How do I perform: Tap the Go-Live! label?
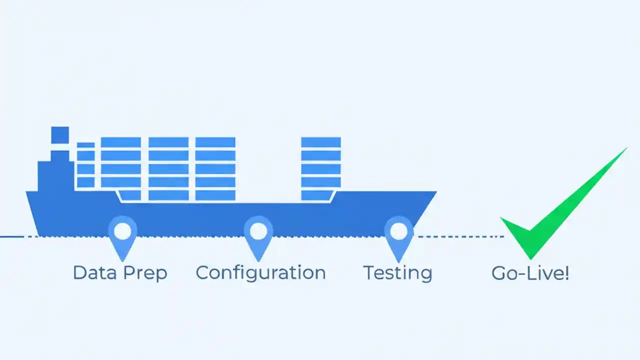pyautogui.click(x=530, y=273)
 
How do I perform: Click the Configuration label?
pyautogui.click(x=260, y=273)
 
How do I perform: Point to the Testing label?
pyautogui.click(x=397, y=273)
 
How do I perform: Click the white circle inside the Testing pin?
pyautogui.click(x=398, y=231)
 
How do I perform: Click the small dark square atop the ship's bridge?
pyautogui.click(x=60, y=134)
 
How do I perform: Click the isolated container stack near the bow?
pyautogui.click(x=321, y=169)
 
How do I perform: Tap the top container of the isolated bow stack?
pyautogui.click(x=321, y=142)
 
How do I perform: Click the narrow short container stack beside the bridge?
pyautogui.click(x=85, y=165)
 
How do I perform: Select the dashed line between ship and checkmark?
pyautogui.click(x=460, y=236)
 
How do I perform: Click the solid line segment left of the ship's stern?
pyautogui.click(x=11, y=236)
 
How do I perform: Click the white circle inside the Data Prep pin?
pyautogui.click(x=122, y=231)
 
